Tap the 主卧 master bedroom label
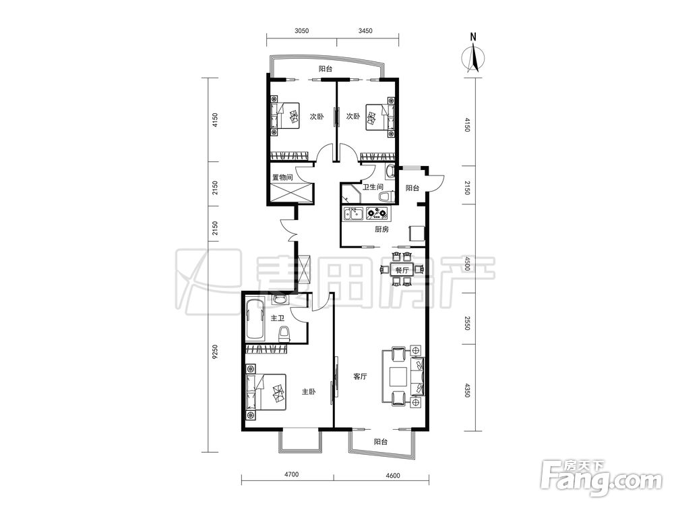pyautogui.click(x=308, y=392)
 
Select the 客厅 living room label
pyautogui.click(x=360, y=376)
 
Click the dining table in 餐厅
pyautogui.click(x=402, y=271)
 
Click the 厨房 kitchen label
pyautogui.click(x=381, y=229)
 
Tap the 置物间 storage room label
pyautogui.click(x=282, y=177)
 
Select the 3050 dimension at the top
pyautogui.click(x=302, y=30)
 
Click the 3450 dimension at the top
pyautogui.click(x=365, y=30)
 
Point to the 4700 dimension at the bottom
pyautogui.click(x=291, y=475)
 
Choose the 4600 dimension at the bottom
pyautogui.click(x=393, y=475)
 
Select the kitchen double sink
pyautogui.click(x=353, y=213)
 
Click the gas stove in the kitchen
pyautogui.click(x=377, y=213)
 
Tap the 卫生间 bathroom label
pyautogui.click(x=373, y=187)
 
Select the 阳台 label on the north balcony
pyautogui.click(x=326, y=69)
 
